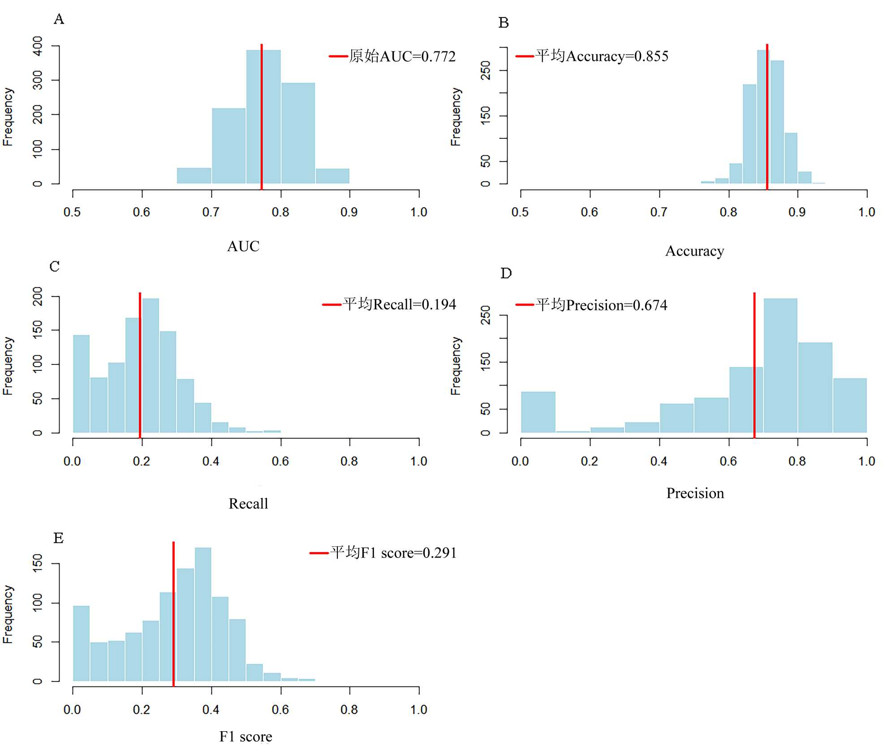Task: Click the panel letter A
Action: pyautogui.click(x=59, y=19)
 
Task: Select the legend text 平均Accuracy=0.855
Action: pyautogui.click(x=602, y=56)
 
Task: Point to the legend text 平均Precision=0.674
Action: pyautogui.click(x=601, y=305)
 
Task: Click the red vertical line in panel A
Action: pyautogui.click(x=262, y=116)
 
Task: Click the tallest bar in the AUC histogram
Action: pyautogui.click(x=263, y=116)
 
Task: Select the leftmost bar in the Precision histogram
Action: pyautogui.click(x=538, y=412)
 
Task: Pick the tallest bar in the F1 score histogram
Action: pyautogui.click(x=203, y=613)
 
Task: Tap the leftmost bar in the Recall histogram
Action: pyautogui.click(x=81, y=384)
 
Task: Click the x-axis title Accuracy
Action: pyautogui.click(x=694, y=251)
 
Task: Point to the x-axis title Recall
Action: pyautogui.click(x=248, y=504)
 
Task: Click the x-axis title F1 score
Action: pyautogui.click(x=246, y=737)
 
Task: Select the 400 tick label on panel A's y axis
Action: pyautogui.click(x=38, y=46)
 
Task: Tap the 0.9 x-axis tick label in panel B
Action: pyautogui.click(x=797, y=212)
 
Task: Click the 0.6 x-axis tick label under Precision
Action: pyautogui.click(x=728, y=461)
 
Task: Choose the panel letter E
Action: pyautogui.click(x=58, y=538)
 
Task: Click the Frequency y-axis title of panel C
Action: pyautogui.click(x=8, y=366)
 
